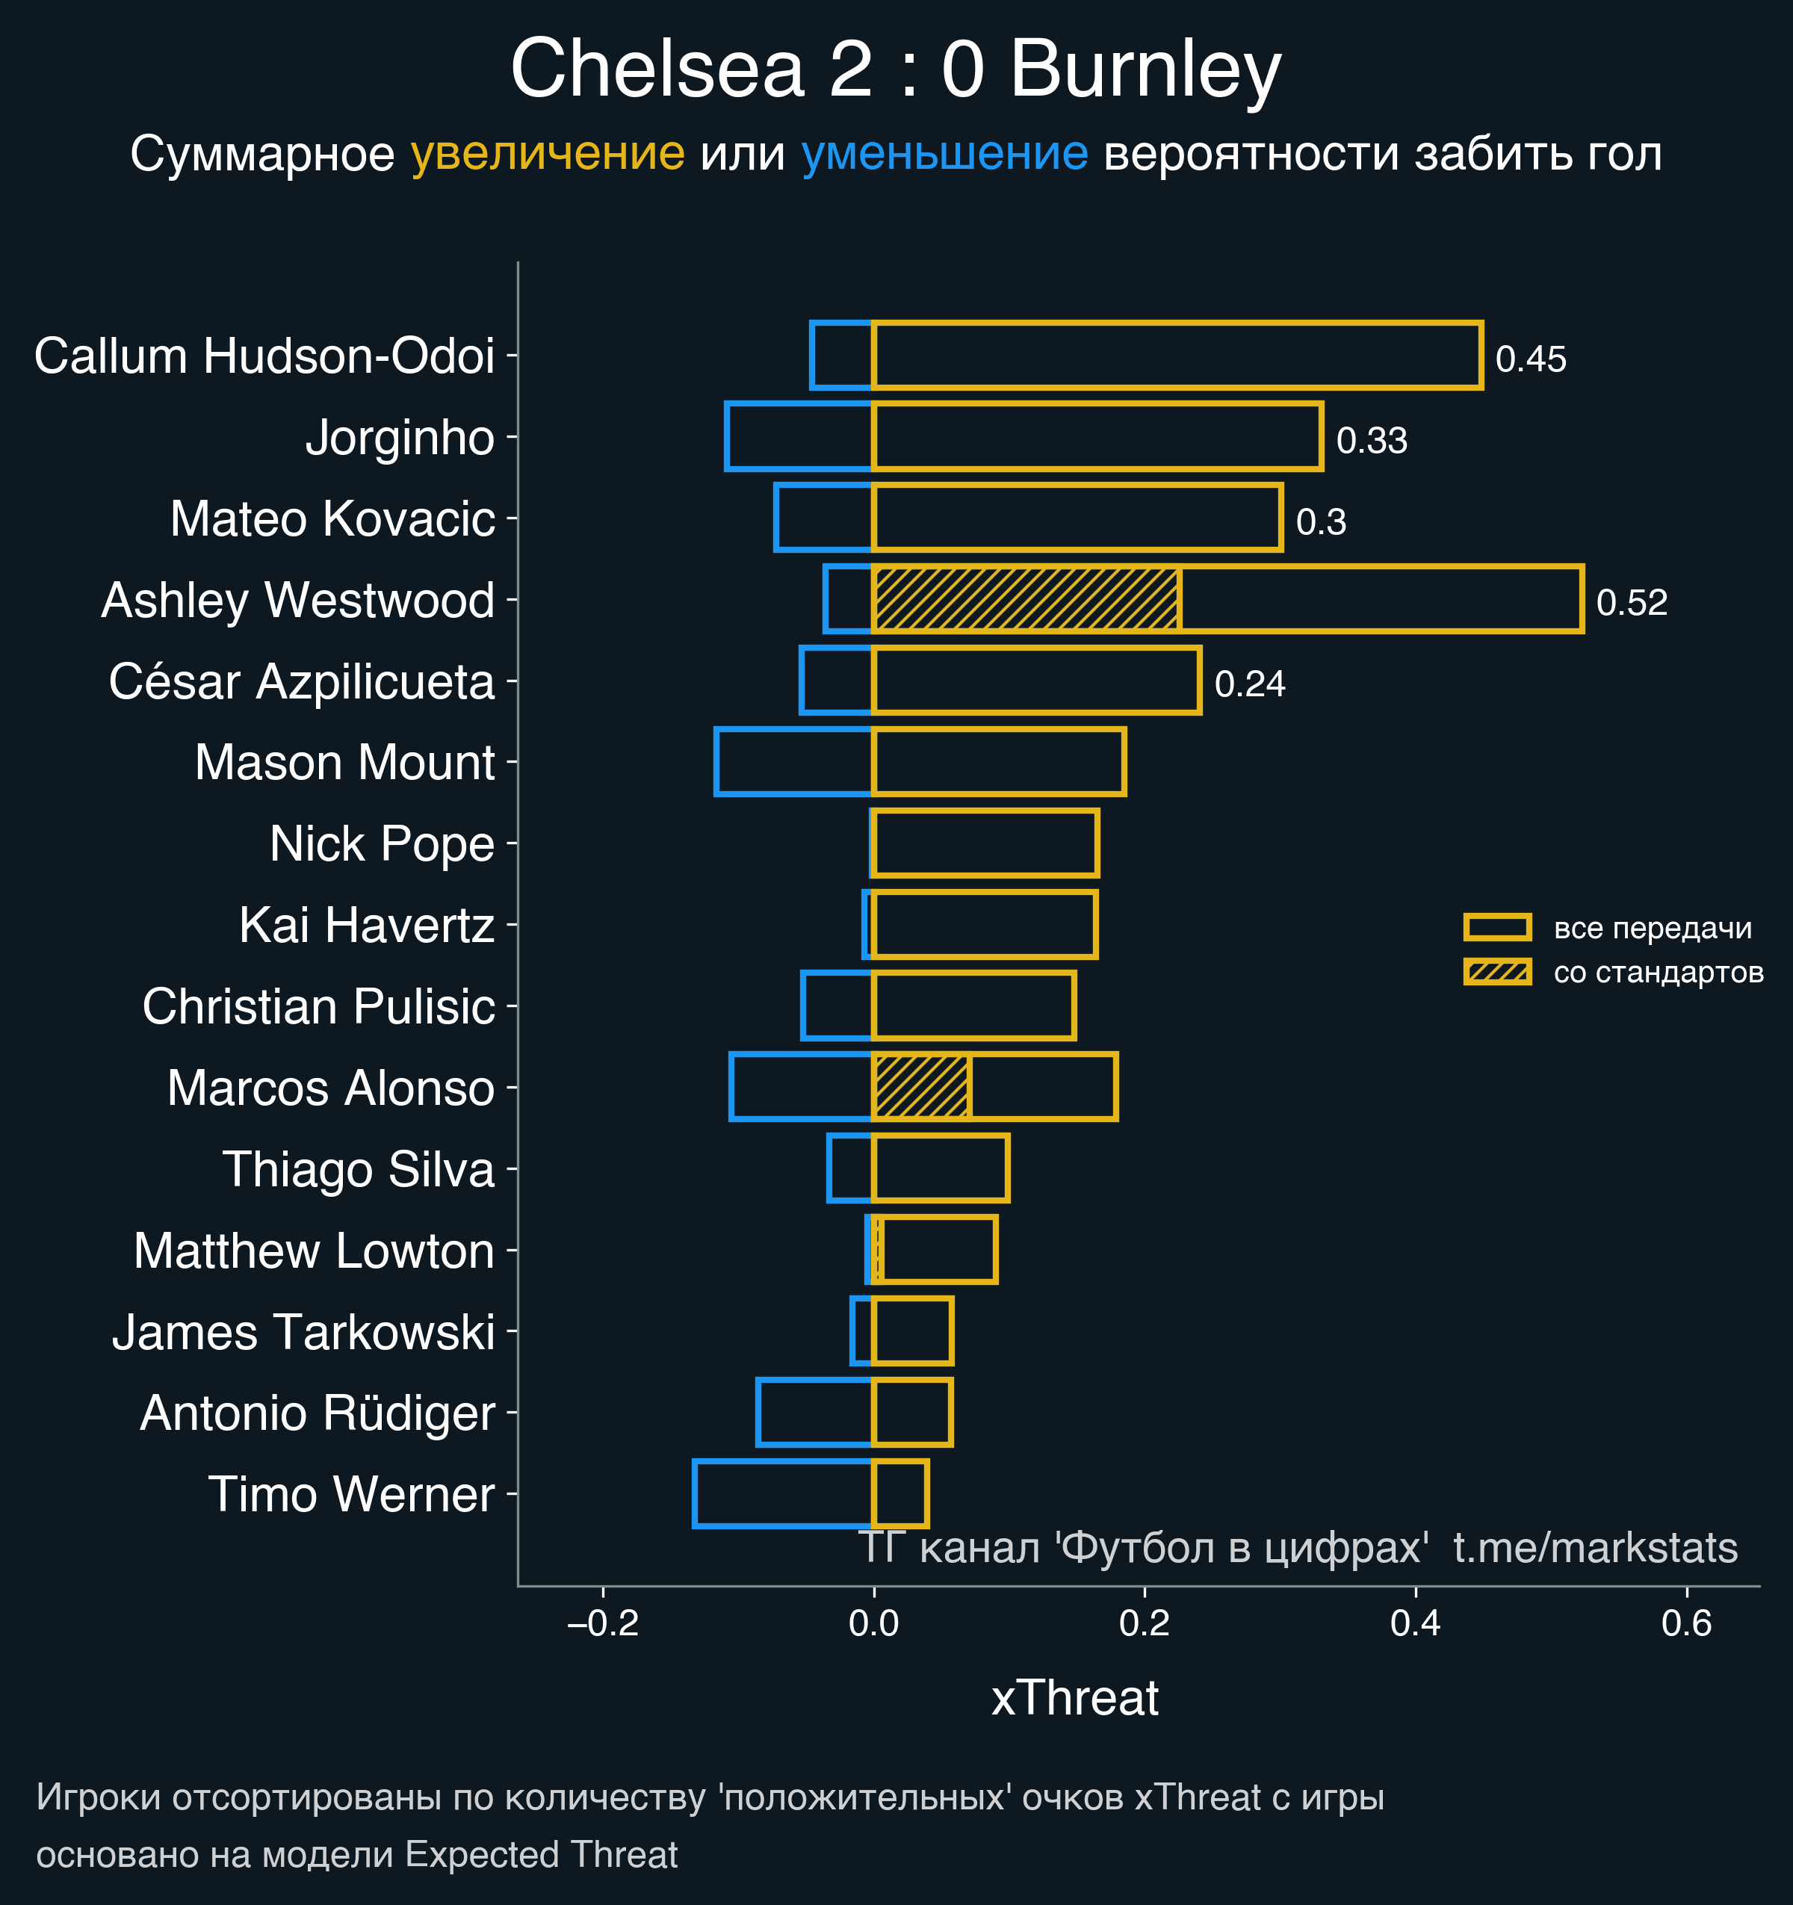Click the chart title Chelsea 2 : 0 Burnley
pos(895,69)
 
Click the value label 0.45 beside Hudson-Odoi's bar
pos(1531,359)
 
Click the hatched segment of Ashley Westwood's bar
pos(1026,600)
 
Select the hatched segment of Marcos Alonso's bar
pos(921,1087)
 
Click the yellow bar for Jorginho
pos(1097,437)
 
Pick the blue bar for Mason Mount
pos(793,762)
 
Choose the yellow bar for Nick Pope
pos(985,843)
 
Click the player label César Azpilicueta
pos(302,682)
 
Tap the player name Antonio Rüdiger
pos(318,1413)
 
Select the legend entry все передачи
pos(1652,928)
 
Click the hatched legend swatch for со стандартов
pos(1497,972)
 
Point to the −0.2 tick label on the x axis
pos(603,1623)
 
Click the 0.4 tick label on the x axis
pos(1416,1623)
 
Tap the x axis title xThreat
pos(1074,1698)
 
